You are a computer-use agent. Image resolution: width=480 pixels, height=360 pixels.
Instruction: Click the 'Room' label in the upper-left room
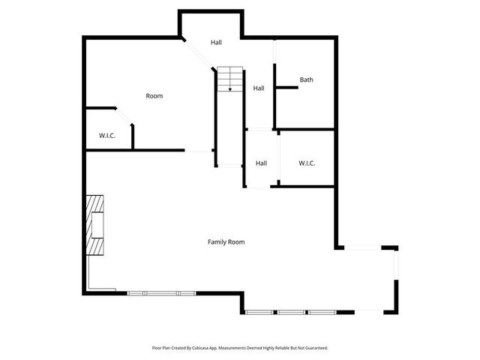pos(154,96)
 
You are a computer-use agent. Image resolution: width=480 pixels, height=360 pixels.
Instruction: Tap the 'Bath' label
pos(306,79)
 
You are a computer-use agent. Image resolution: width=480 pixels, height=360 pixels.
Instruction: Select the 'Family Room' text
pos(226,242)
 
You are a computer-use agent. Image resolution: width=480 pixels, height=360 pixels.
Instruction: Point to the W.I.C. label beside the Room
pos(106,136)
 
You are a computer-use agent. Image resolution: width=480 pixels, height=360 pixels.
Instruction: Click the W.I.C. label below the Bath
pos(306,163)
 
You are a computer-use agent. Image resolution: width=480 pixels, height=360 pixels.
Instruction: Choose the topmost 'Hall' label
pos(216,43)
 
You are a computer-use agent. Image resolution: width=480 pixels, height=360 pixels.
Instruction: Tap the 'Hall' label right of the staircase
pos(259,88)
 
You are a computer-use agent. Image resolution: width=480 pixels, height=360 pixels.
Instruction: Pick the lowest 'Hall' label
pos(261,163)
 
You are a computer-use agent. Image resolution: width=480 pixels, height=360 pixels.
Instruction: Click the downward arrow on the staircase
pos(230,88)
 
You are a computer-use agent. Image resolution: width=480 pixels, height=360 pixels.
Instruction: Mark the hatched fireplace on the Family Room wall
pos(94,226)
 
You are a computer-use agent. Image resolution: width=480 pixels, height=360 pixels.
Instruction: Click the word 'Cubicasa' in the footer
pos(198,348)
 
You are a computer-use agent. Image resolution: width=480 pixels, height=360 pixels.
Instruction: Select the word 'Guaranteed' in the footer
pos(315,348)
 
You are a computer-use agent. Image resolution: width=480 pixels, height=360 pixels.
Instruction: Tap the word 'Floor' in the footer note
pos(157,348)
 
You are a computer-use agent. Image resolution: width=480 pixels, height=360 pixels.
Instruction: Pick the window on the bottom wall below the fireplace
pos(160,292)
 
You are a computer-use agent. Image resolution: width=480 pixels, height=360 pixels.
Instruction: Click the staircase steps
pos(231,79)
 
